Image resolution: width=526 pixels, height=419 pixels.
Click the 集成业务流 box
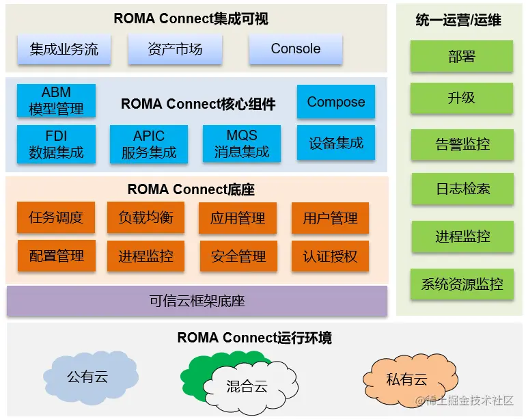point(64,49)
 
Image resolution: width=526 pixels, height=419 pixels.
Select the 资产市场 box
point(175,49)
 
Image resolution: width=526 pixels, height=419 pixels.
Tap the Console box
point(295,49)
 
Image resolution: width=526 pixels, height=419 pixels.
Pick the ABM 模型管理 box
point(56,100)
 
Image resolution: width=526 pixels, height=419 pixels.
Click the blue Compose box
point(335,102)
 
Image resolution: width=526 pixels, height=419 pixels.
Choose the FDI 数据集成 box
point(56,144)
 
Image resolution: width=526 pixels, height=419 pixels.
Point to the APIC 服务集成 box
point(149,144)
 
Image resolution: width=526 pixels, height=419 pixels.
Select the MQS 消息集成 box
point(242,144)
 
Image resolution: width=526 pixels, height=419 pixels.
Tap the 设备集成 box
point(335,144)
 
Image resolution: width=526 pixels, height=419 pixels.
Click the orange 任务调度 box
point(56,218)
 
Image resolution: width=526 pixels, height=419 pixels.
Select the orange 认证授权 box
point(330,256)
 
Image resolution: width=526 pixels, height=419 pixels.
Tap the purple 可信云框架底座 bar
point(197,301)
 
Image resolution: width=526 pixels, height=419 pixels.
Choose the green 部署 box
point(462,57)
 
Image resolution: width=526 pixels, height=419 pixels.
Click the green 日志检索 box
point(462,189)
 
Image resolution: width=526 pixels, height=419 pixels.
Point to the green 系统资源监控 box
point(462,284)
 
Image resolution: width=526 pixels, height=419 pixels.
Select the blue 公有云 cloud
point(87,377)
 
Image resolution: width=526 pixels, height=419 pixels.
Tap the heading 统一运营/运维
point(458,21)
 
